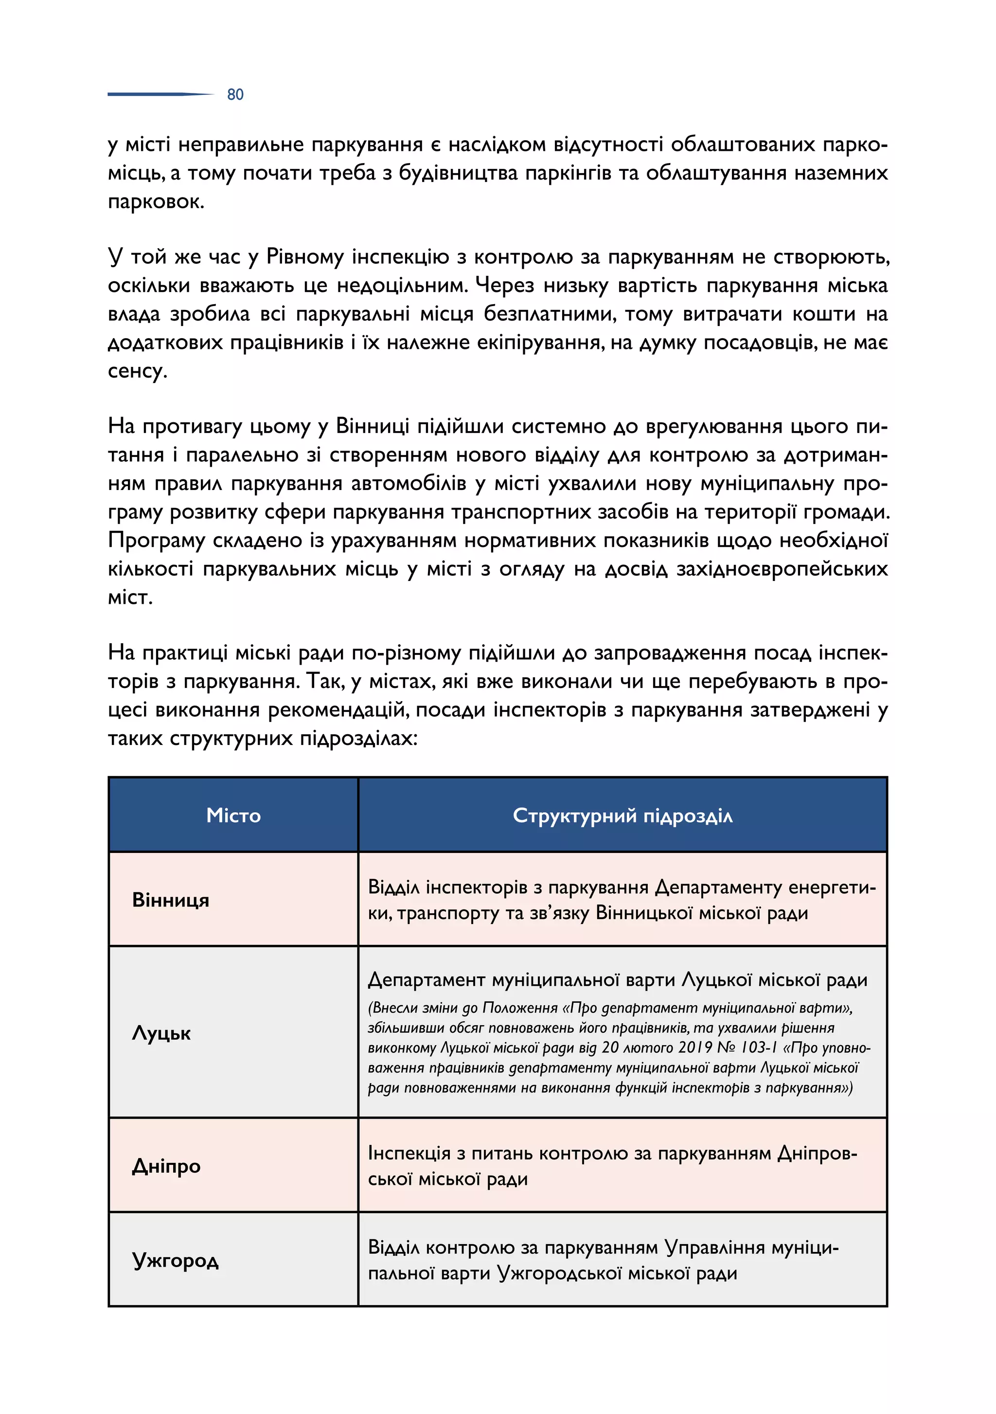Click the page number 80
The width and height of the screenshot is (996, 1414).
coord(235,94)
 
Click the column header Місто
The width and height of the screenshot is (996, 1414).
coord(233,816)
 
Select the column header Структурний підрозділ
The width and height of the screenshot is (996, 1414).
coord(622,816)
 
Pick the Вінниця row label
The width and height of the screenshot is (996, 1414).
coord(171,900)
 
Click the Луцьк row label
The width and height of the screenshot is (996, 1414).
coord(161,1033)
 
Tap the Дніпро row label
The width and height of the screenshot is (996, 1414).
coord(166,1166)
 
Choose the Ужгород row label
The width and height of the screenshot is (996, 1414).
coord(176,1260)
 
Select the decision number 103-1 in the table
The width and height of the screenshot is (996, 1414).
coord(755,1048)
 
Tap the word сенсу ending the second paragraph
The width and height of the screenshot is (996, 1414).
coord(137,371)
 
